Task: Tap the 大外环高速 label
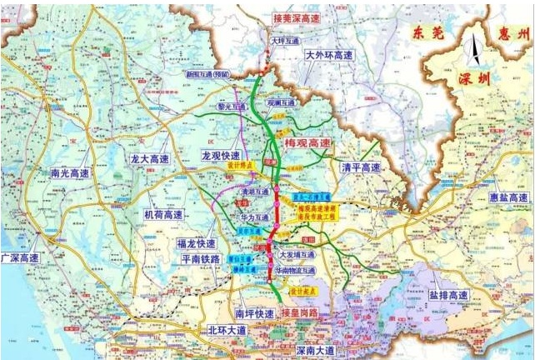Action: click(325, 55)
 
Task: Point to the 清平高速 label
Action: click(361, 167)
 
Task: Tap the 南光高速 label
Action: click(70, 173)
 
